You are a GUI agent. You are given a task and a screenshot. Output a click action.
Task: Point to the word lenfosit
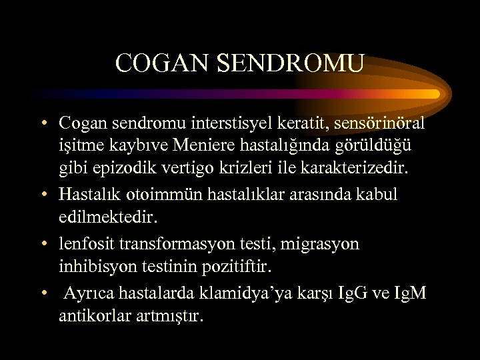[85, 244]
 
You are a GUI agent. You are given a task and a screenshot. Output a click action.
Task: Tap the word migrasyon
[320, 244]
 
